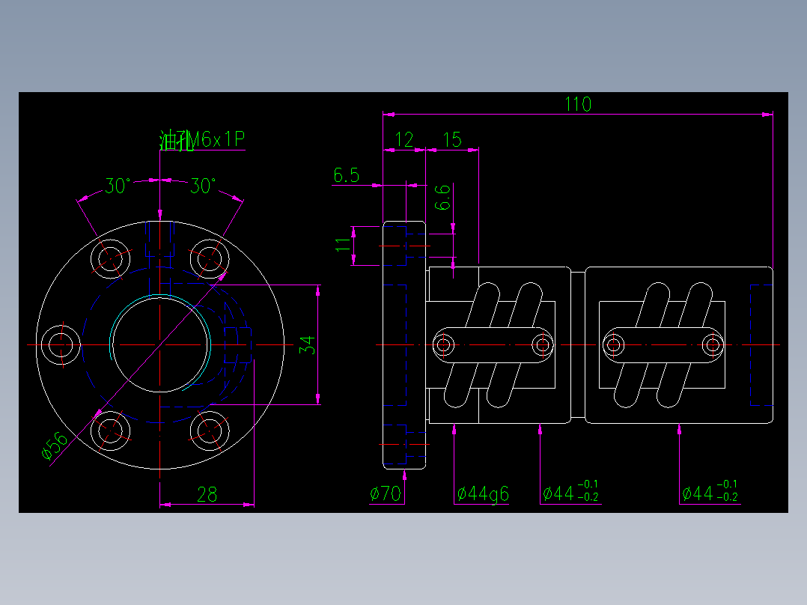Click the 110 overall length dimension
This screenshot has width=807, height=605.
(577, 104)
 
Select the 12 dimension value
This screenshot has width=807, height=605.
(404, 139)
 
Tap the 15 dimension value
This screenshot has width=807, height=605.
(452, 139)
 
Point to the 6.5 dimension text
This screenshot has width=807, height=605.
(347, 176)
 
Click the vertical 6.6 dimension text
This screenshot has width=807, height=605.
(443, 197)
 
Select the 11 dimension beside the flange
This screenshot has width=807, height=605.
(343, 243)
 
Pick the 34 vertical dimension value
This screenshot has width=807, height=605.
(307, 345)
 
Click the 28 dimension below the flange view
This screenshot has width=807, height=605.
(207, 494)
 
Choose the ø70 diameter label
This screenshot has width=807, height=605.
(386, 493)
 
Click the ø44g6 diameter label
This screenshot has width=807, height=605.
(483, 493)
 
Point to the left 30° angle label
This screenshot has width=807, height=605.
(117, 186)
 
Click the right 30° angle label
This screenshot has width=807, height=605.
(203, 186)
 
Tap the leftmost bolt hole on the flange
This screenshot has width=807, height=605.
(60, 344)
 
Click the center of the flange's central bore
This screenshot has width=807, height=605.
(160, 344)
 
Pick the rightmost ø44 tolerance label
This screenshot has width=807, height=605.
(710, 493)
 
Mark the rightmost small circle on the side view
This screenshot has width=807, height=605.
(713, 345)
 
